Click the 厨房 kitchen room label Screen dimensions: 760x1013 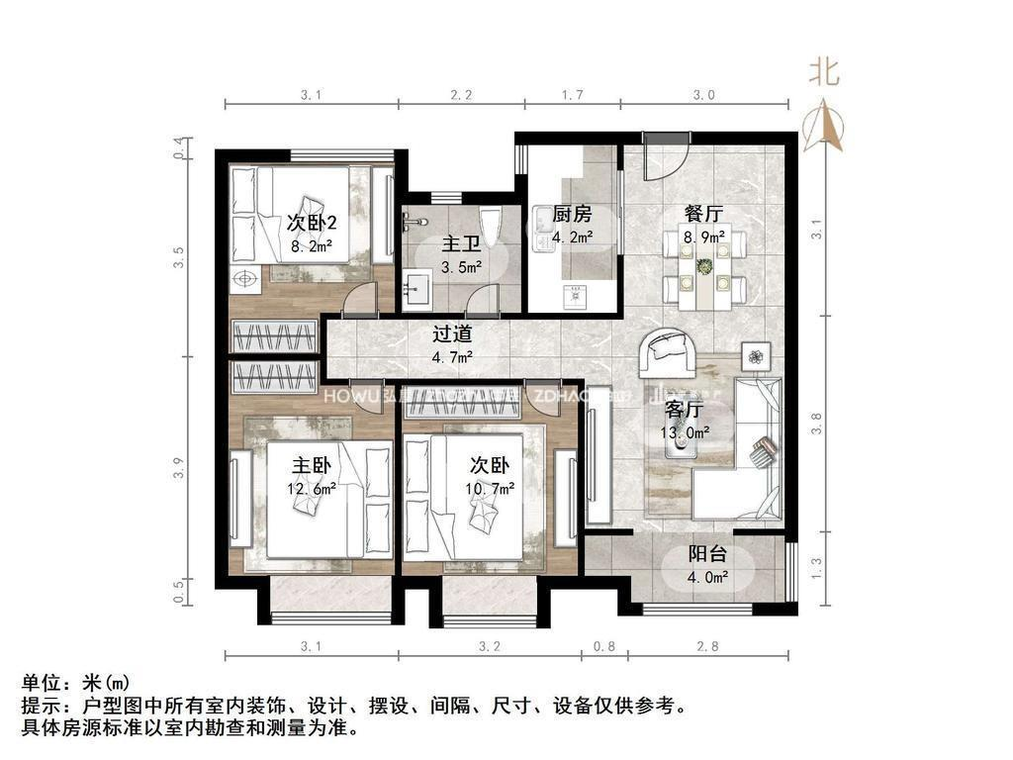click(572, 215)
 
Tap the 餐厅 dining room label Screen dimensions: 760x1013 click(703, 214)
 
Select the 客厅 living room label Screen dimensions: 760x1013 click(684, 410)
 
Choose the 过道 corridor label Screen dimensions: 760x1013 click(452, 334)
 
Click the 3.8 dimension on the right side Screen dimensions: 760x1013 click(816, 424)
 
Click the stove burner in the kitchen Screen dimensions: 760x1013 click(573, 293)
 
